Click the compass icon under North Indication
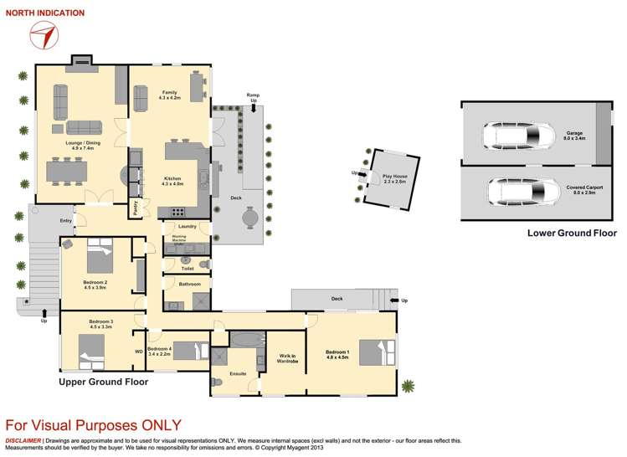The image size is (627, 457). tap(44, 36)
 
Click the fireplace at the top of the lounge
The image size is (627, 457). tap(82, 60)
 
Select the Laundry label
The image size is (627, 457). tap(187, 227)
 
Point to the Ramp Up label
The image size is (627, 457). tap(253, 98)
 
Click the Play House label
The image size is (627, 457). tap(393, 178)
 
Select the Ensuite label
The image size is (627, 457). tap(237, 373)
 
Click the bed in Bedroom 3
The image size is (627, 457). tap(90, 349)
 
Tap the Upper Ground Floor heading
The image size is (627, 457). tap(103, 382)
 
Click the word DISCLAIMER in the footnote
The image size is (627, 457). tap(23, 440)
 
